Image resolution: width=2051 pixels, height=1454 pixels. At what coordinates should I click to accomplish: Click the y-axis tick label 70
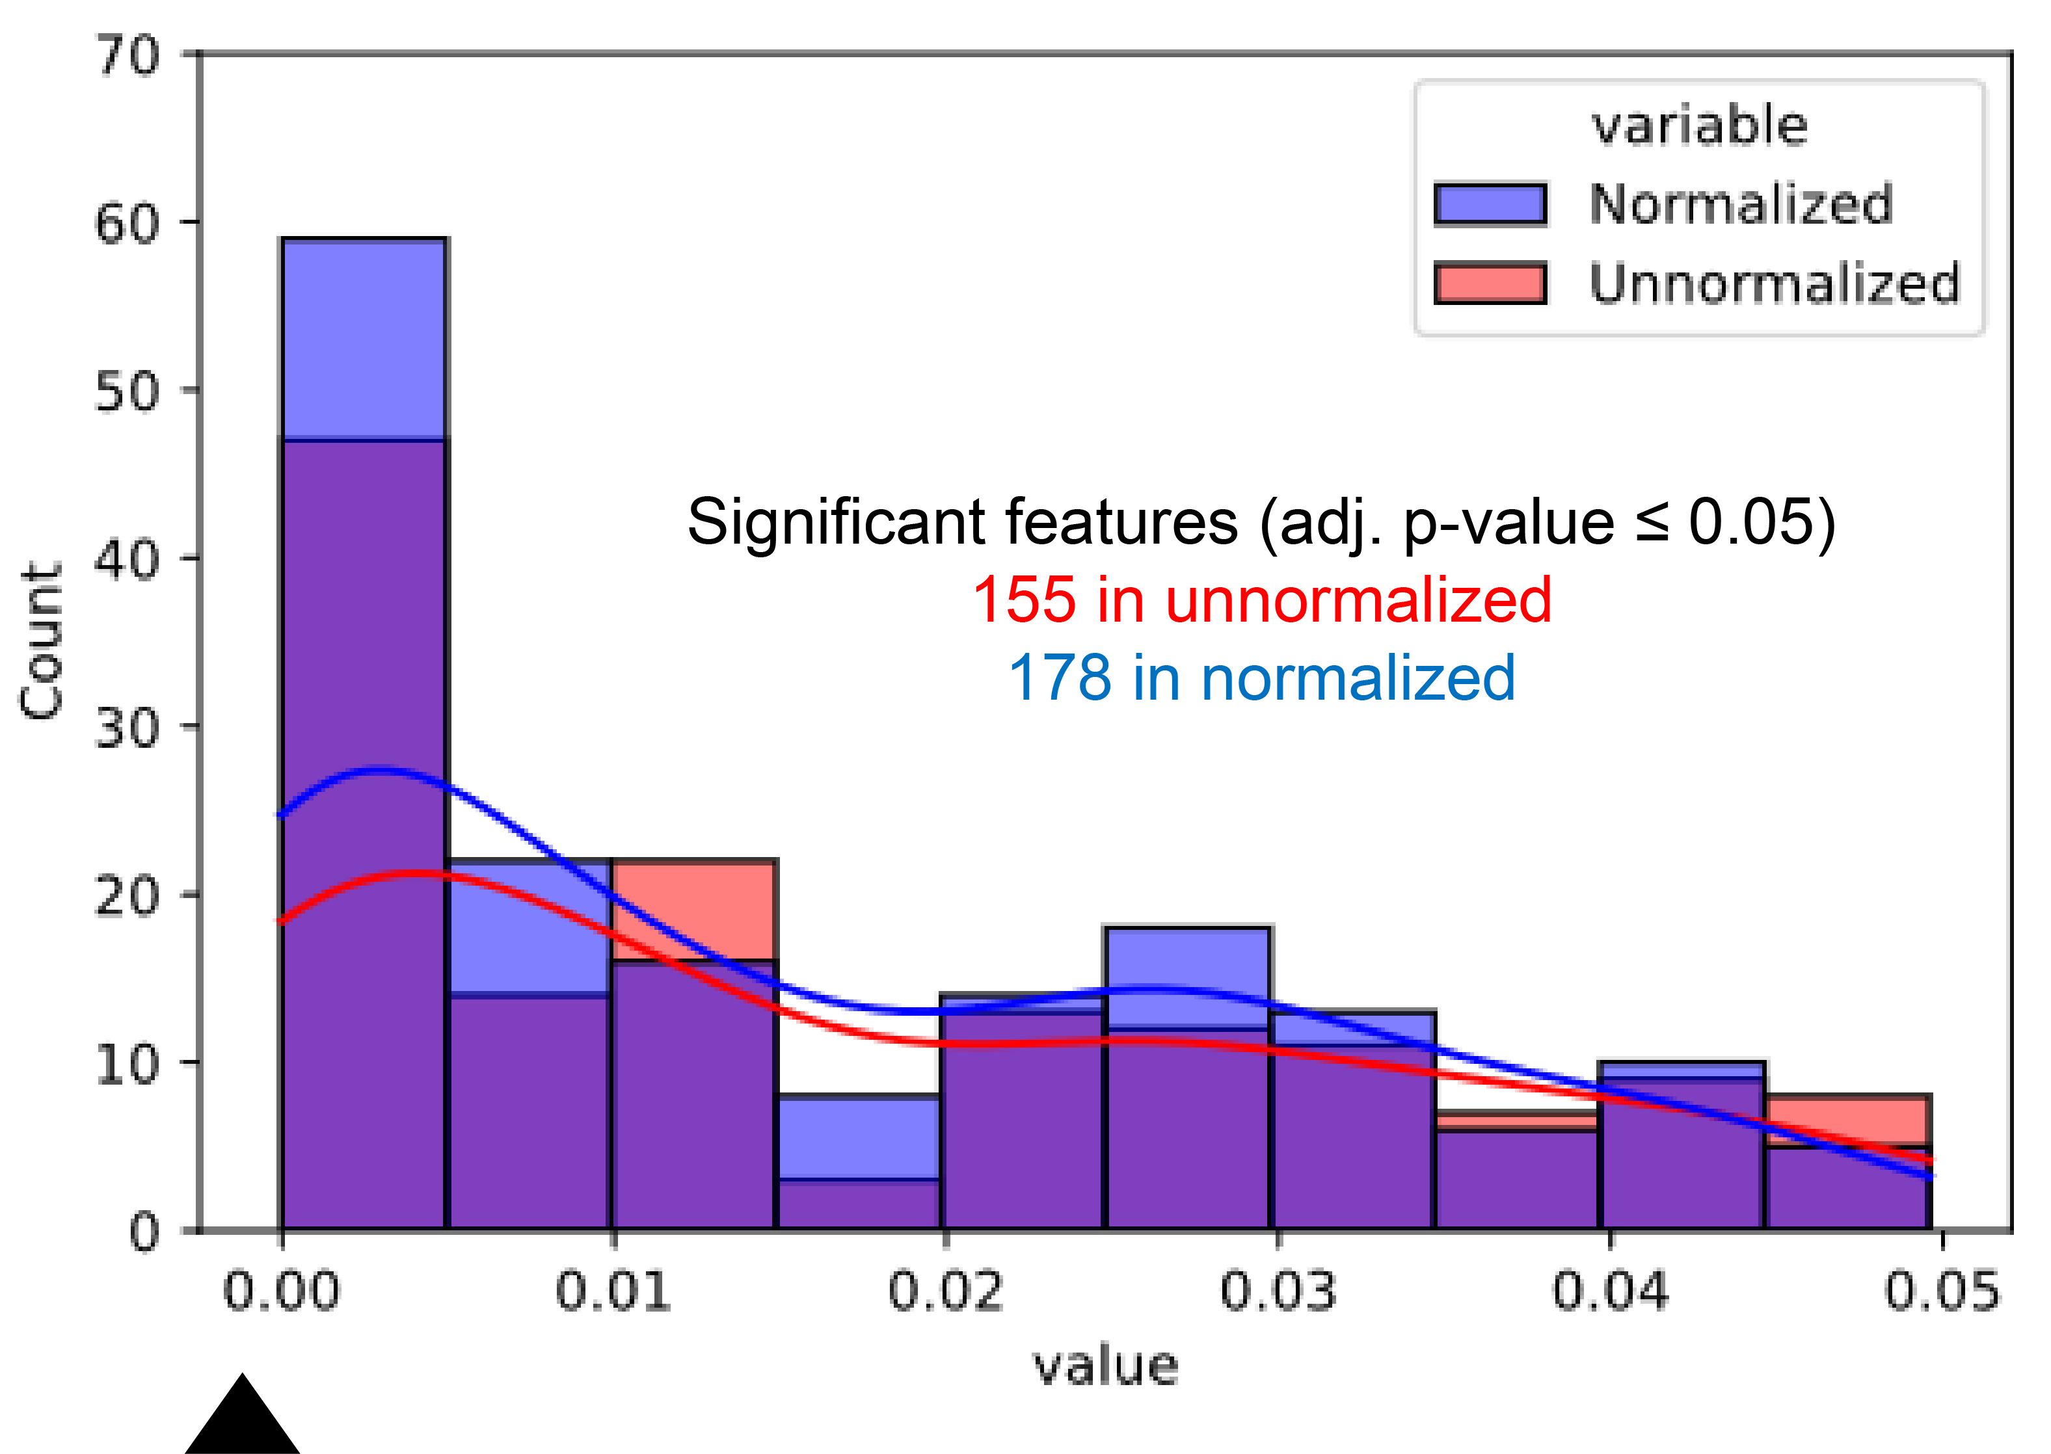click(128, 55)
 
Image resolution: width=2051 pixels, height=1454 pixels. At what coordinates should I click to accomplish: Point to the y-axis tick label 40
click(128, 560)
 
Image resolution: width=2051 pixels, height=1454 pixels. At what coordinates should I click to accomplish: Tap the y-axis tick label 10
click(128, 1064)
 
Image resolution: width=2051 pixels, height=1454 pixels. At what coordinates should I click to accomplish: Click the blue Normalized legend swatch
click(1490, 204)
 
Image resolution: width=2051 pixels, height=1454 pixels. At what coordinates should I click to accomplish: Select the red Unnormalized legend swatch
click(1490, 283)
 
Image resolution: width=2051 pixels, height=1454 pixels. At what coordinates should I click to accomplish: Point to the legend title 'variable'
click(1699, 126)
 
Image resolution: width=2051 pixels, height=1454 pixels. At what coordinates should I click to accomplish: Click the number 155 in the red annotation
click(1024, 600)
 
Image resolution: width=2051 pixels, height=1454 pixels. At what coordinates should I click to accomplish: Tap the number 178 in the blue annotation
click(1060, 678)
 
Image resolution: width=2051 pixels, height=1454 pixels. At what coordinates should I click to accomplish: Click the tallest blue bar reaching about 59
click(364, 338)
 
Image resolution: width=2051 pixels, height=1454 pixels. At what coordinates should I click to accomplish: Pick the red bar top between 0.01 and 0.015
click(694, 909)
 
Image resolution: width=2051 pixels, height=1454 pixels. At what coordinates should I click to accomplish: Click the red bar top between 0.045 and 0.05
click(1847, 1119)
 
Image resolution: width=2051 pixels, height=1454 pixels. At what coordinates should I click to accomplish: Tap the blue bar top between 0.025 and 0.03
click(1188, 976)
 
